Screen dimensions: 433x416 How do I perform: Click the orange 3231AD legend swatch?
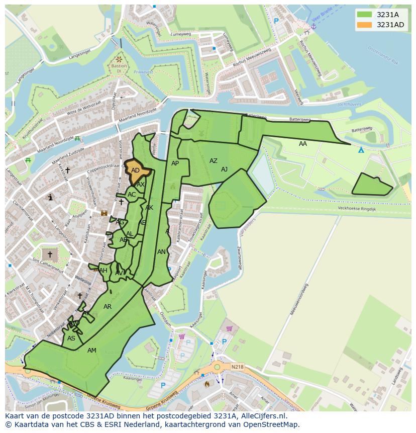click(x=365, y=25)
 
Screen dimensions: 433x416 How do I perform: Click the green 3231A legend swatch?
click(x=365, y=15)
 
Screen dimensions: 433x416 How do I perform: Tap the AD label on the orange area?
click(x=135, y=170)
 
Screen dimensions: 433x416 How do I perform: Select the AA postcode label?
click(x=303, y=144)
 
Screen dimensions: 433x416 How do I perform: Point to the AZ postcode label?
click(x=214, y=161)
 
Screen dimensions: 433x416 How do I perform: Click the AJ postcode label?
click(x=224, y=169)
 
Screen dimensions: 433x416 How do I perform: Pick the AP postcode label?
click(x=175, y=163)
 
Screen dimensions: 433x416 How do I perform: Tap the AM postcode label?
click(x=92, y=351)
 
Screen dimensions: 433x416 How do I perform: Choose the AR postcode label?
click(x=108, y=307)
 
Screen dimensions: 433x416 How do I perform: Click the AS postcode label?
click(x=71, y=338)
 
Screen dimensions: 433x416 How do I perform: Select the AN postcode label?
click(x=161, y=252)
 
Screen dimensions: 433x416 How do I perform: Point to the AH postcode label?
click(x=103, y=271)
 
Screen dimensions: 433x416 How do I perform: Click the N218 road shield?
click(x=237, y=367)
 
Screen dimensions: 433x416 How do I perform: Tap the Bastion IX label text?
click(x=119, y=68)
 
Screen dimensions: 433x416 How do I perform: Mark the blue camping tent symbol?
click(x=361, y=150)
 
